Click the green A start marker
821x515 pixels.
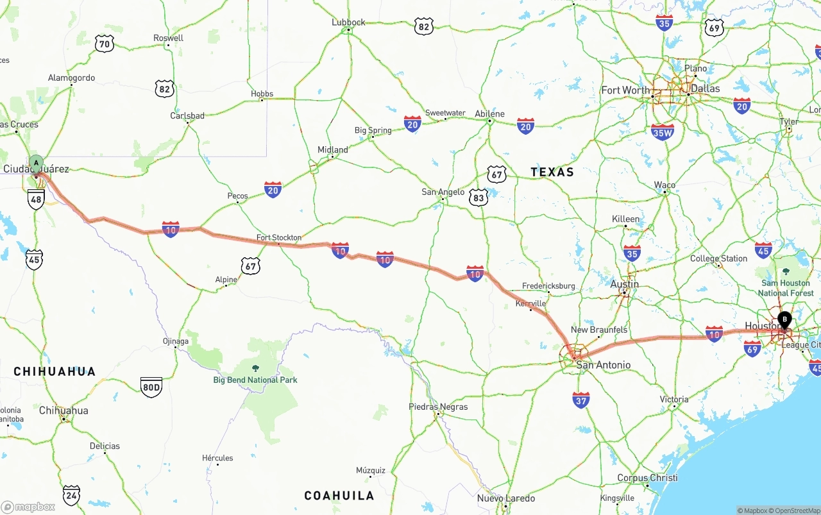tap(36, 163)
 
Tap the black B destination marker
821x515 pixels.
tap(784, 318)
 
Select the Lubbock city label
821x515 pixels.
tap(348, 22)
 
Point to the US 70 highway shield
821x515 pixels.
tap(104, 44)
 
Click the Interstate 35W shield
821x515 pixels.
tap(662, 131)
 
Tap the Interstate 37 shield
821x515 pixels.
tap(581, 400)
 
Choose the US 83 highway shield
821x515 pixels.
tap(478, 197)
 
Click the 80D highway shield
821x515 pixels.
tap(151, 387)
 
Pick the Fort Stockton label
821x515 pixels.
tap(279, 237)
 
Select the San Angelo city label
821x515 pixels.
tap(443, 192)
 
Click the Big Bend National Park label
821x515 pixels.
tap(255, 380)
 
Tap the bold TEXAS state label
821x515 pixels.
tap(552, 172)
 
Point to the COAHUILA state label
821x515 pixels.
tap(339, 496)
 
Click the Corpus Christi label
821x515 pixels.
tap(647, 478)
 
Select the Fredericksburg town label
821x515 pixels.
tap(548, 286)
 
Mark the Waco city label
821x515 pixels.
tap(664, 185)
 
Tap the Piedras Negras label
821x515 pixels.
tap(438, 407)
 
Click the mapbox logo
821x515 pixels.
tap(28, 507)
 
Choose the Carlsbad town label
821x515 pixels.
tap(187, 116)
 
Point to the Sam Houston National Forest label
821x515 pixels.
tap(786, 288)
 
